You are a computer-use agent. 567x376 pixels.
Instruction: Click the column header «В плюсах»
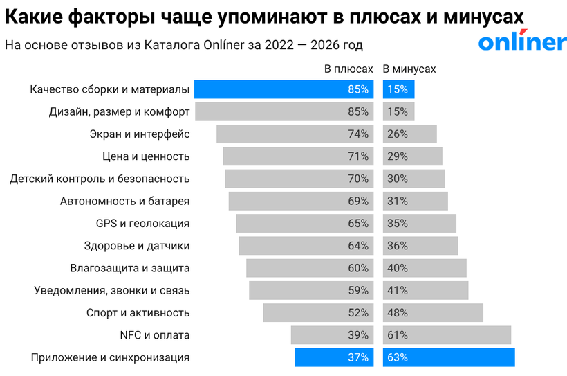pyautogui.click(x=348, y=69)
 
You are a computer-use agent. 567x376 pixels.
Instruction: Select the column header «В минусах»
pyautogui.click(x=409, y=69)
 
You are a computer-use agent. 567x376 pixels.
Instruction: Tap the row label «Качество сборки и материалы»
pyautogui.click(x=109, y=89)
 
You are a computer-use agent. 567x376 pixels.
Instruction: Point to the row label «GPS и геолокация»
pyautogui.click(x=142, y=224)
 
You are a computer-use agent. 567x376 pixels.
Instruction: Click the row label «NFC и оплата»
pyautogui.click(x=155, y=335)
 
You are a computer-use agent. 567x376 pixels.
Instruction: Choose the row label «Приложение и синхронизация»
pyautogui.click(x=111, y=358)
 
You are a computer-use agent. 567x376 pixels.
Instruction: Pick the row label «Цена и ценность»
pyautogui.click(x=146, y=156)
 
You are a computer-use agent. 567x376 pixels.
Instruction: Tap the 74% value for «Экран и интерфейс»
pyautogui.click(x=358, y=134)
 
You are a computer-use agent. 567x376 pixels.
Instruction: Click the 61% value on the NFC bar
pyautogui.click(x=398, y=335)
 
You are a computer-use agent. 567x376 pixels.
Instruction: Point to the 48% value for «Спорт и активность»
pyautogui.click(x=398, y=313)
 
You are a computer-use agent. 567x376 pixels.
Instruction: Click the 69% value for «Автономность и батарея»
pyautogui.click(x=358, y=202)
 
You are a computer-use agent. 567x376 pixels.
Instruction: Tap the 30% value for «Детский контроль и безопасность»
pyautogui.click(x=398, y=179)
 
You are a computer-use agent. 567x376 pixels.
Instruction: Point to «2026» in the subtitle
pyautogui.click(x=325, y=46)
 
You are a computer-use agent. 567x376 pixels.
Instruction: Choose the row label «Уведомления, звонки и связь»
pyautogui.click(x=111, y=291)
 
